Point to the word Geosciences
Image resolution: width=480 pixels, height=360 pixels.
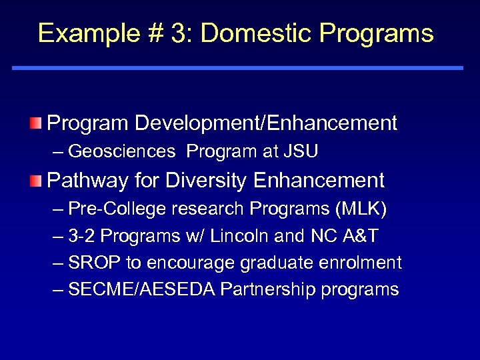(x=121, y=152)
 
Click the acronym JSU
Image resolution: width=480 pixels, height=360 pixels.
(x=300, y=152)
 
